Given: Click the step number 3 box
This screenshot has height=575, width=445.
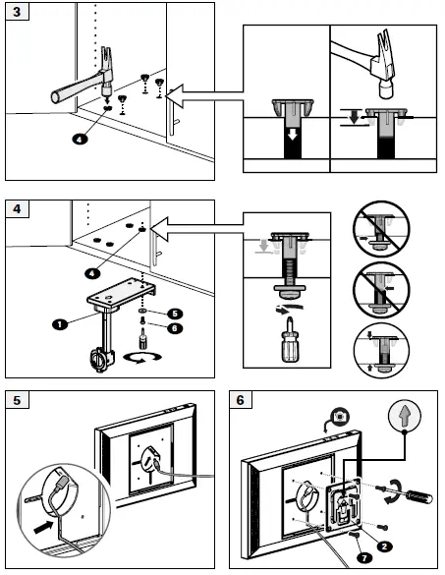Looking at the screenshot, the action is (18, 12).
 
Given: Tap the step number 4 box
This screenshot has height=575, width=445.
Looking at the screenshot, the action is (18, 209).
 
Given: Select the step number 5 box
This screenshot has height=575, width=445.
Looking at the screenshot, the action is (18, 400).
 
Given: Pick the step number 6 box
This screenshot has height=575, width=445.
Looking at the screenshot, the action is (241, 400).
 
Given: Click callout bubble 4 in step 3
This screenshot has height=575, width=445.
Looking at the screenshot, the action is (80, 139).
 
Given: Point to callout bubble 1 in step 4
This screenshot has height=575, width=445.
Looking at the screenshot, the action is (60, 324).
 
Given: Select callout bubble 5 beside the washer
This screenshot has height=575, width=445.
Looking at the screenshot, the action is (175, 314).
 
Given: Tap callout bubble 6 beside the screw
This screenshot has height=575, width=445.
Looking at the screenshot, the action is (175, 328).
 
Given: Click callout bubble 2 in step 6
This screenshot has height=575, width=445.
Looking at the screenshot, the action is (384, 546).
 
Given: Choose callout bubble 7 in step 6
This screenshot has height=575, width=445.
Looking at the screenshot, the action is (364, 558).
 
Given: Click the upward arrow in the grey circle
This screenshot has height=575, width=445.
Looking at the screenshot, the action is (405, 416).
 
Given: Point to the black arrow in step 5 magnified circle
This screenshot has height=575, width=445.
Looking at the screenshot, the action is (43, 527).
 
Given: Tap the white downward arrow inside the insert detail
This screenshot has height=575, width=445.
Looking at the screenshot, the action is (292, 135).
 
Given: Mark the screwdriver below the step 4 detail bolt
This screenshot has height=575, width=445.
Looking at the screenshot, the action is (289, 341).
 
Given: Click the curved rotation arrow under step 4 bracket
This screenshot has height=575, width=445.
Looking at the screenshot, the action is (142, 358).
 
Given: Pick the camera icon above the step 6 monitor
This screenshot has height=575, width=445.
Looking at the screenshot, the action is (341, 417).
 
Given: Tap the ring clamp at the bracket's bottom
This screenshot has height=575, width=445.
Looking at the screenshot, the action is (100, 360).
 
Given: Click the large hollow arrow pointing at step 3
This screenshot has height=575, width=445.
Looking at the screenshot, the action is (204, 95).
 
